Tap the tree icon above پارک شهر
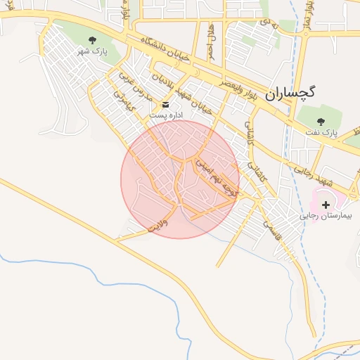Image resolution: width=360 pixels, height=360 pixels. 92,40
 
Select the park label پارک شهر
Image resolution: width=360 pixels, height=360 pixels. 92,51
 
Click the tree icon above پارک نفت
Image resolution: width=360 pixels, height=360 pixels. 321,121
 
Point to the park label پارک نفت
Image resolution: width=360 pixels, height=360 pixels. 321,131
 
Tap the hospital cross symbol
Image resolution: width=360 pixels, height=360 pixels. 325,203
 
